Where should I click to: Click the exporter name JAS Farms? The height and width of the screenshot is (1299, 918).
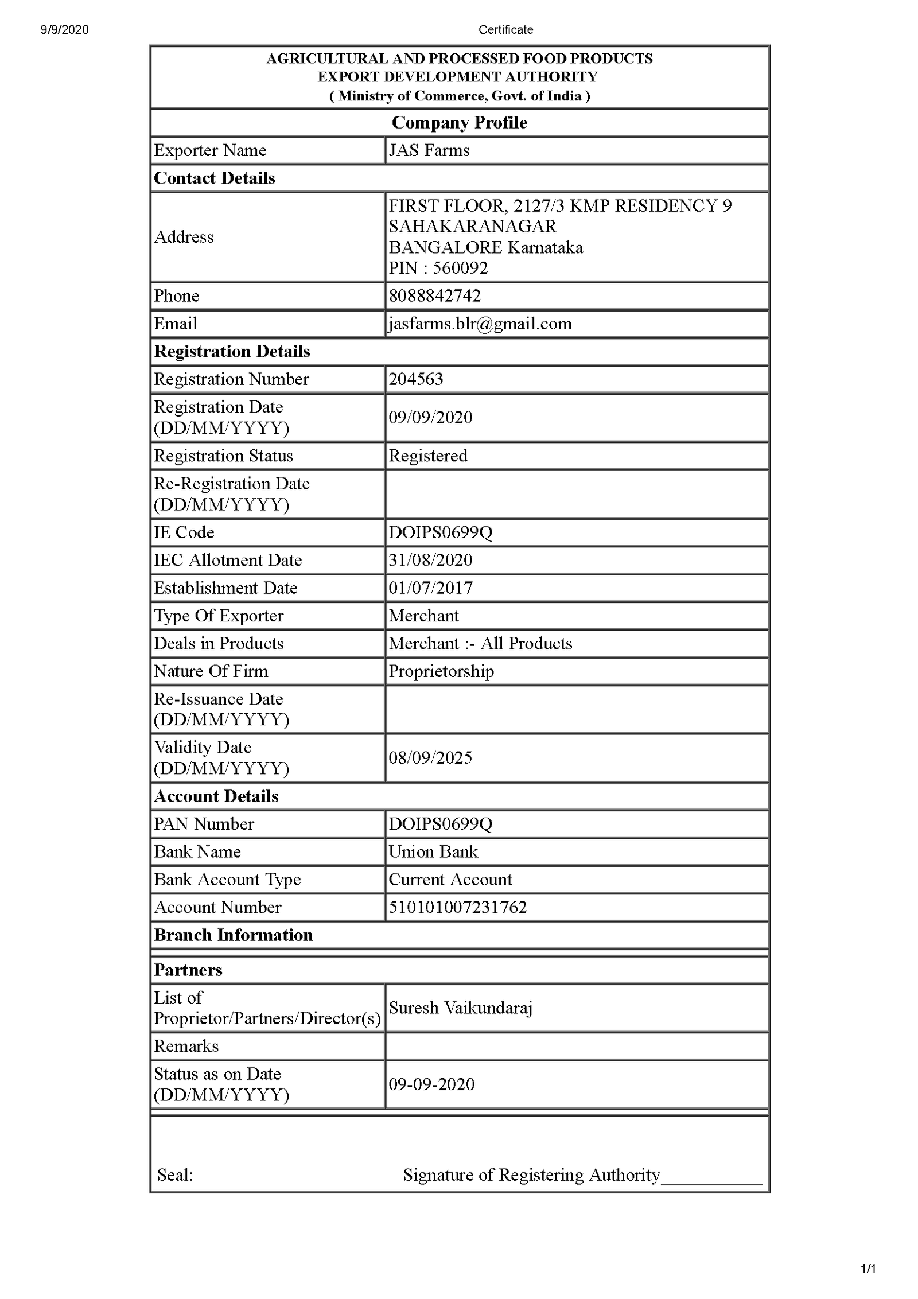[429, 150]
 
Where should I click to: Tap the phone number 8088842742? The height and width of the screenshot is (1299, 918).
[434, 296]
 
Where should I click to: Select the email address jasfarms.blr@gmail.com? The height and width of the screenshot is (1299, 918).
[480, 324]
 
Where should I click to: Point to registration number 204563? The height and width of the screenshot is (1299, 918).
[415, 379]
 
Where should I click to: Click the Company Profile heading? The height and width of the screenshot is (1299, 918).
[459, 122]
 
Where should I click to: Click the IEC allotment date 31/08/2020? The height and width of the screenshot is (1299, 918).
[430, 560]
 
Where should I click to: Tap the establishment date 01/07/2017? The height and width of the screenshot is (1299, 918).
[430, 588]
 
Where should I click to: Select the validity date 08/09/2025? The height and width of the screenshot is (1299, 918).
[430, 758]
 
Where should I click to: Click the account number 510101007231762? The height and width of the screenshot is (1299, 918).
[457, 907]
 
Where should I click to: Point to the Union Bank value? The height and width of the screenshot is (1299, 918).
[433, 851]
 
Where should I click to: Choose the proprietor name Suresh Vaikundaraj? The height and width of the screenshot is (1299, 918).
[460, 1008]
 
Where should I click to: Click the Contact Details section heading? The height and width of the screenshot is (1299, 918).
[214, 178]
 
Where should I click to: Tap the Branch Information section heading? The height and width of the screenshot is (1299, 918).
[233, 935]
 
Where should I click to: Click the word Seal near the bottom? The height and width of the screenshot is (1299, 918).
[174, 1175]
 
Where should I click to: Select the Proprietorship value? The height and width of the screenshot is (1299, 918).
[441, 671]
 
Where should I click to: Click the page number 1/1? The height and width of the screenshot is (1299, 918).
[868, 1269]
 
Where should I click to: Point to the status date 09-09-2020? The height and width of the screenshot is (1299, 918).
[431, 1084]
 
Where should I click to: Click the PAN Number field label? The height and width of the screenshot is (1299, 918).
[204, 824]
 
